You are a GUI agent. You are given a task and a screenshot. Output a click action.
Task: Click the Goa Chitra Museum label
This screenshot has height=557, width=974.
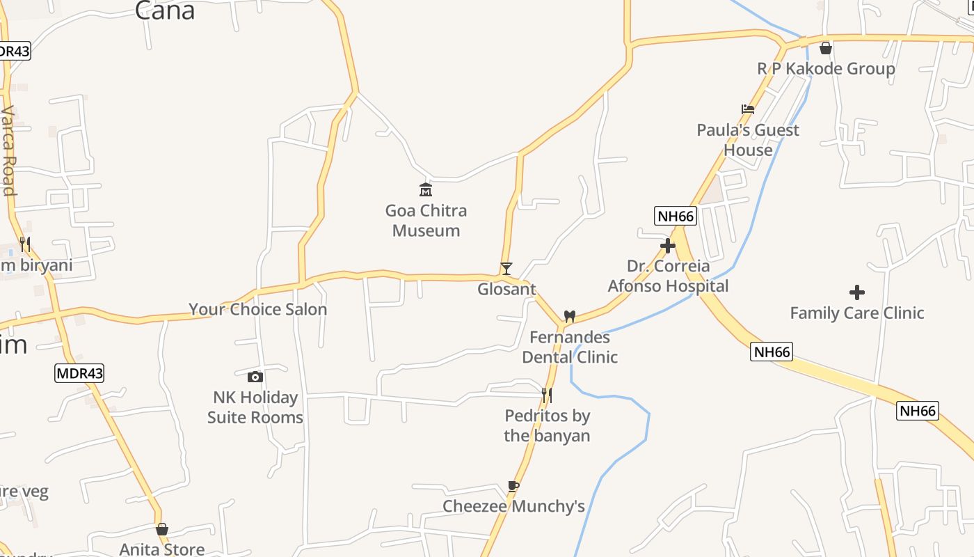(426, 220)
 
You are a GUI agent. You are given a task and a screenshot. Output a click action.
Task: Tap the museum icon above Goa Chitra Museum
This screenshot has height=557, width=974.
(425, 189)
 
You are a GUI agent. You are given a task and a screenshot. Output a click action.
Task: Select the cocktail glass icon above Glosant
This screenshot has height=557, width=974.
(506, 268)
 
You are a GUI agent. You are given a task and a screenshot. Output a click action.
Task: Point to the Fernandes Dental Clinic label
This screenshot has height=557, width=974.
(570, 347)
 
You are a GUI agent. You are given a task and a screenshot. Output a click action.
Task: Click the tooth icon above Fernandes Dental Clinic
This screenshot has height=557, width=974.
(569, 316)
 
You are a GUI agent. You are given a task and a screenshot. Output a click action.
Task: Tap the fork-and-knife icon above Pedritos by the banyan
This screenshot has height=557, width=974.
(547, 395)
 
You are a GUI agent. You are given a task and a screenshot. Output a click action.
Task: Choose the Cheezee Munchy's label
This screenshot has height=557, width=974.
(514, 506)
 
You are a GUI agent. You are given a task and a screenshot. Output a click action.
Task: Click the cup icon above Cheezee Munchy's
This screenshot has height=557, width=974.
(513, 486)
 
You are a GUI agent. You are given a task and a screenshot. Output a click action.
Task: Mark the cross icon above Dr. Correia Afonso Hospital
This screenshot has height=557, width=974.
(668, 246)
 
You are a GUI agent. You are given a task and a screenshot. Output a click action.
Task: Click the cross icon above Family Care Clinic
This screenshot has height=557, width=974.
(857, 292)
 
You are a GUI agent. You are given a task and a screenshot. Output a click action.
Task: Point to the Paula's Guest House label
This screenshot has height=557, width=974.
(748, 140)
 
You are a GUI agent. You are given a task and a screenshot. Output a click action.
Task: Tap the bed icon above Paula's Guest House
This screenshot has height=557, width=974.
(748, 109)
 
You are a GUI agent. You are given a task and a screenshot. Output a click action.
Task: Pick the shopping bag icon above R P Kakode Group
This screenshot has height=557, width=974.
(826, 48)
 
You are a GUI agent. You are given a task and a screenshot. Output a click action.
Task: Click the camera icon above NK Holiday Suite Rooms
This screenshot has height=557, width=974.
(255, 377)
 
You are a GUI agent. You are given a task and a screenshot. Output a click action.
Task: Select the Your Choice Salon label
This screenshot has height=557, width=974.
(258, 309)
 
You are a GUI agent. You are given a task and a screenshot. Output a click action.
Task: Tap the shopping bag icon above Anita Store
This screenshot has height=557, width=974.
(162, 529)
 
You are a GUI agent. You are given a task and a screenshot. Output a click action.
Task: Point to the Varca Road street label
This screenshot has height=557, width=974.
(8, 150)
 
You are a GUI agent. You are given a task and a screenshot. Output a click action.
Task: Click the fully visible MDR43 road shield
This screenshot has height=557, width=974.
(79, 373)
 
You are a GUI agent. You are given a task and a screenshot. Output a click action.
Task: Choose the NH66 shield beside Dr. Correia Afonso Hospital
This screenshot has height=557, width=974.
(676, 216)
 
